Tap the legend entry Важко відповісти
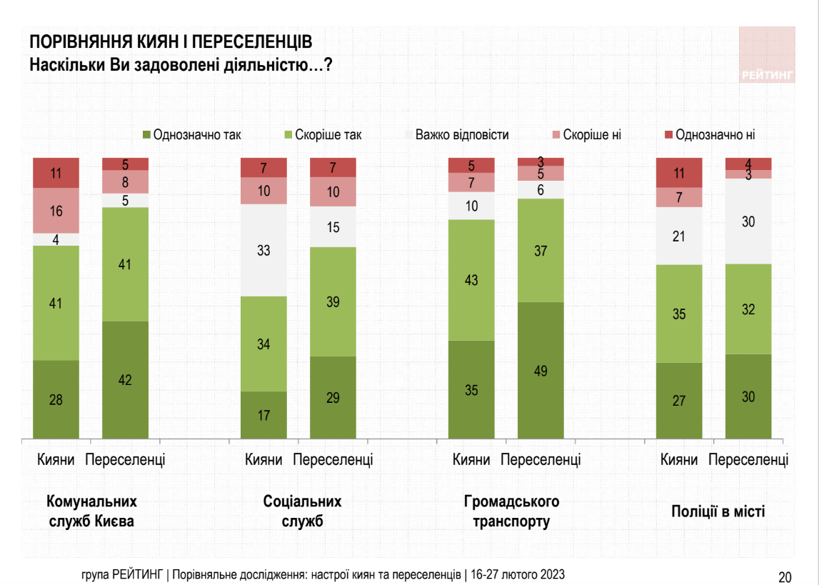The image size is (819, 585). (461, 134)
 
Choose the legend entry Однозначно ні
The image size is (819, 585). (714, 134)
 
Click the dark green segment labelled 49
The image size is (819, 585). (541, 370)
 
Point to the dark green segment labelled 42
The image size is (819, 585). (126, 379)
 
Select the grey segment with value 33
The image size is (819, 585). (264, 251)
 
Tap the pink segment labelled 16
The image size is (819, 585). (56, 211)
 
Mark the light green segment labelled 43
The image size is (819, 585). (471, 280)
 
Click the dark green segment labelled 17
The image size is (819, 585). (264, 414)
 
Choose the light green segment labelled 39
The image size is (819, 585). (333, 301)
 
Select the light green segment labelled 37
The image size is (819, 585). (541, 250)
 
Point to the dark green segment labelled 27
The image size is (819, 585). (679, 400)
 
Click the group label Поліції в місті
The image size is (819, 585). (718, 511)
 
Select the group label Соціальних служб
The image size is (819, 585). (302, 511)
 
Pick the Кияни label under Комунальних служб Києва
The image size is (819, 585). (56, 459)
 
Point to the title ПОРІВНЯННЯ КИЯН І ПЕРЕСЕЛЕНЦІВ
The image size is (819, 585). (171, 41)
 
